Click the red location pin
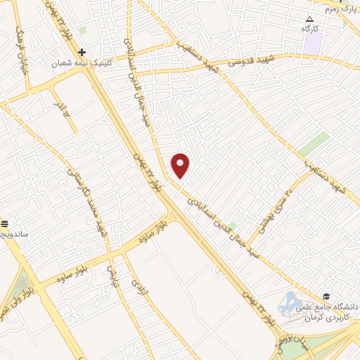tap(181, 165)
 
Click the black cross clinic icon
tap(82, 52)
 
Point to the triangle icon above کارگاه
tap(310, 18)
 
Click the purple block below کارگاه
tap(313, 43)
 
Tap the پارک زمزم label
tap(342, 8)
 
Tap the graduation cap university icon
tap(326, 296)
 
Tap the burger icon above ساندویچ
tap(5, 222)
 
